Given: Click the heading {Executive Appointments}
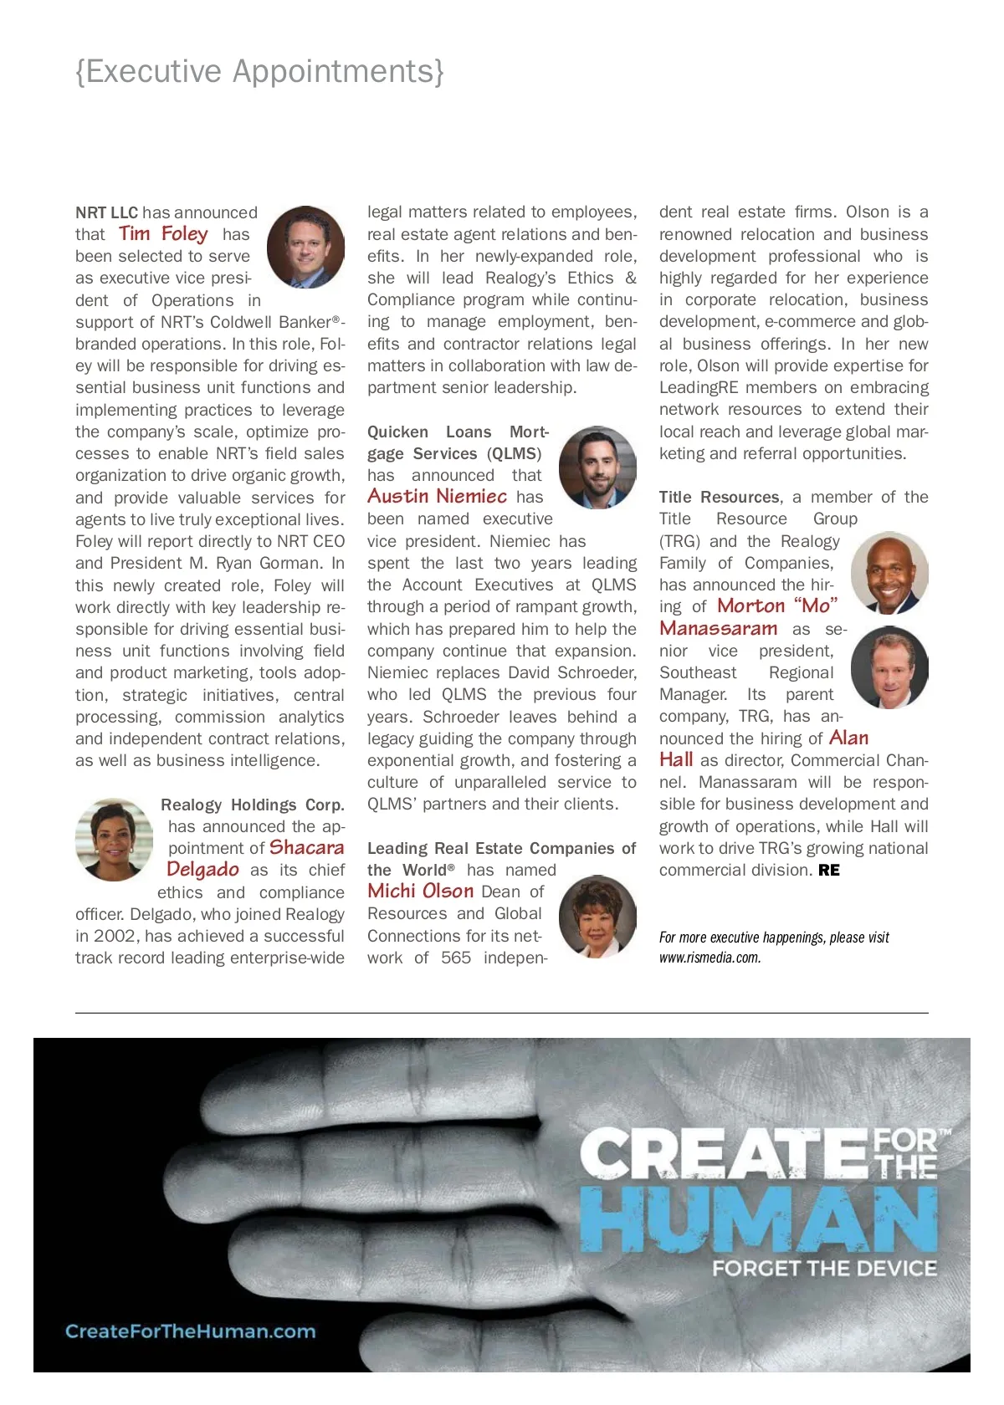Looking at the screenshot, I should tap(259, 72).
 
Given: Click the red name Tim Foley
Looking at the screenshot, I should tap(163, 234).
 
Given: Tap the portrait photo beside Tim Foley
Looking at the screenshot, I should tap(305, 248).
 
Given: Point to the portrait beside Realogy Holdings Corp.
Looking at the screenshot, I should tap(114, 840).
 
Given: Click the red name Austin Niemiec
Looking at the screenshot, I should tap(437, 497).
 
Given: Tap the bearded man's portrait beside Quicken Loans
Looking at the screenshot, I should tap(597, 467).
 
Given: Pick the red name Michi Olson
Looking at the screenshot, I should tap(420, 892).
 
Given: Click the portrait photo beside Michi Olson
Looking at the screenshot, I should tap(597, 917).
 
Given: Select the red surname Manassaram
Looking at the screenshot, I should tap(719, 629).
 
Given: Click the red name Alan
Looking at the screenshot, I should tap(848, 738).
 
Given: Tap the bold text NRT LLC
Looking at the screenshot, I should tap(106, 212).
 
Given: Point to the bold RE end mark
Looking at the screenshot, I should tap(829, 871).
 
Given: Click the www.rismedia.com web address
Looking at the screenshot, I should tap(709, 958).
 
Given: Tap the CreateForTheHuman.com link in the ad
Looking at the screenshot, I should tap(191, 1331).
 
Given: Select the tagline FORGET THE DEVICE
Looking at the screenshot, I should tap(824, 1269).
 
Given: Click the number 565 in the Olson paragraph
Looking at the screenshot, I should tap(456, 958).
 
